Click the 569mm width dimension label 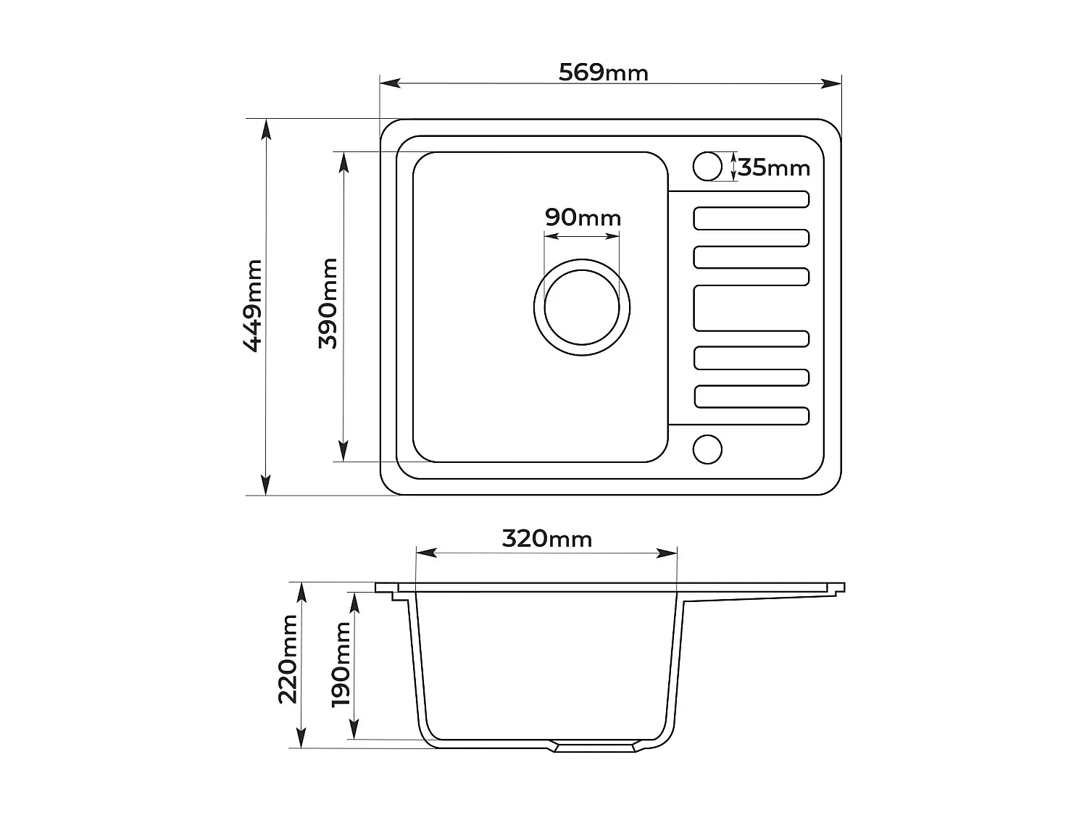pos(603,72)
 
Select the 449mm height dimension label pos(253,306)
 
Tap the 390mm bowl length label pos(328,304)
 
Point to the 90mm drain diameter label pos(583,217)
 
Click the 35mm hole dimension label pos(773,168)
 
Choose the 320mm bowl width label pos(546,539)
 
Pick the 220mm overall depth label pos(288,659)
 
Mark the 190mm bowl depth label pos(341,664)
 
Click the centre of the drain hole pos(582,307)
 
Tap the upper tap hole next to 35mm pos(707,167)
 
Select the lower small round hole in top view pos(707,449)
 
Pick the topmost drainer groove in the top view pos(751,199)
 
